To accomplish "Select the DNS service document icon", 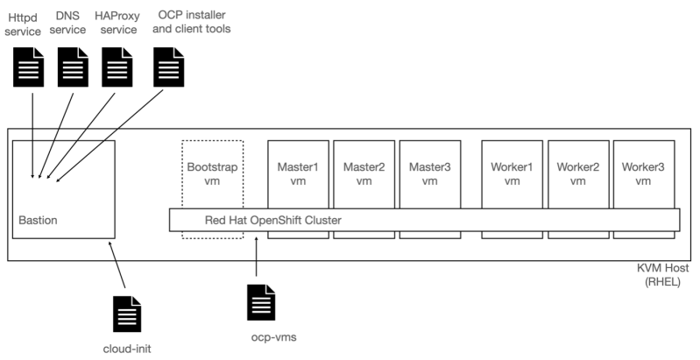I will pyautogui.click(x=74, y=67).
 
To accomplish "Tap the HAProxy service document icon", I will pyautogui.click(x=117, y=67).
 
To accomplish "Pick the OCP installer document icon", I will pyautogui.click(x=168, y=67).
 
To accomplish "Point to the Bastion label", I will pyautogui.click(x=39, y=220).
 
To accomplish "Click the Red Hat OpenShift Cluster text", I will pyautogui.click(x=272, y=220).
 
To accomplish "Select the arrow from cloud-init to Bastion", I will pyautogui.click(x=118, y=267).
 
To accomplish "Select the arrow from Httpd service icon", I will pyautogui.click(x=32, y=131).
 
